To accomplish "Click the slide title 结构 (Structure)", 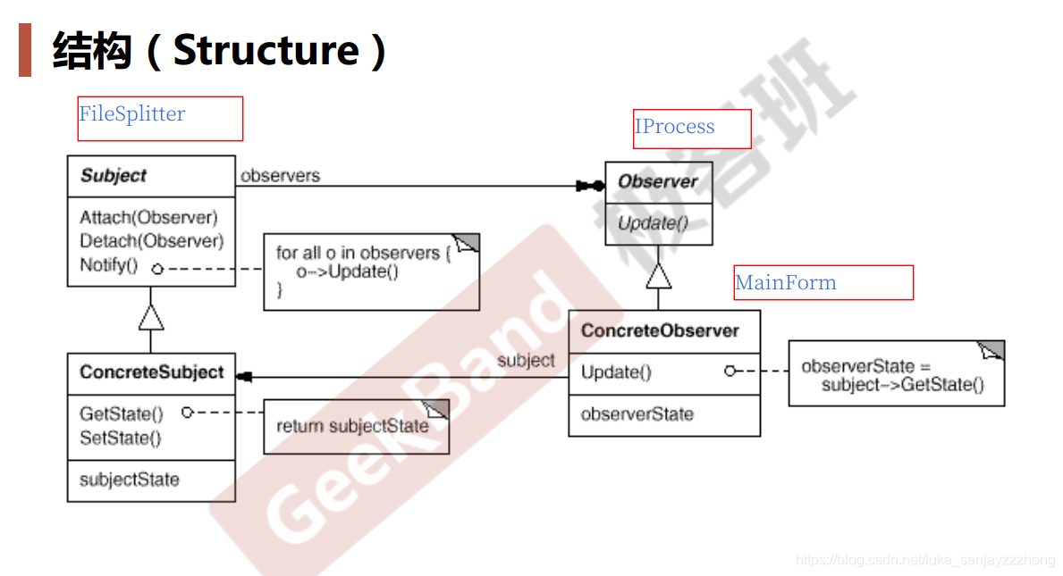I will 220,50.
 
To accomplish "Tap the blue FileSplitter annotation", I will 132,114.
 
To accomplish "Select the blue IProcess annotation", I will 675,127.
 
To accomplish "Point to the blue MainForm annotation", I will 786,283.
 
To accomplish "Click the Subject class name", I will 114,176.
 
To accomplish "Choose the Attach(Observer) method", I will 148,217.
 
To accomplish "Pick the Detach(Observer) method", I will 151,241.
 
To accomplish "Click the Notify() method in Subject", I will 108,265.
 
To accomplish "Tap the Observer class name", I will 658,181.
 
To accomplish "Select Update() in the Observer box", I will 654,223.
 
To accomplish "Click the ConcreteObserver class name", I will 660,331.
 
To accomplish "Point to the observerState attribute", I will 637,414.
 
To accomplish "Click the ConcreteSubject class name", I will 151,372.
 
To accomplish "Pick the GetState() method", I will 122,413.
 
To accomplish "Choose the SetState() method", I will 120,438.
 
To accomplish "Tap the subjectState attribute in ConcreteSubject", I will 130,480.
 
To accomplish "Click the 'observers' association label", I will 280,176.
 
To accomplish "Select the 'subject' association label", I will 526,361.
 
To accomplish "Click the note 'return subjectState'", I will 352,426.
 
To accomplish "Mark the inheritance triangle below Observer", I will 659,275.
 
